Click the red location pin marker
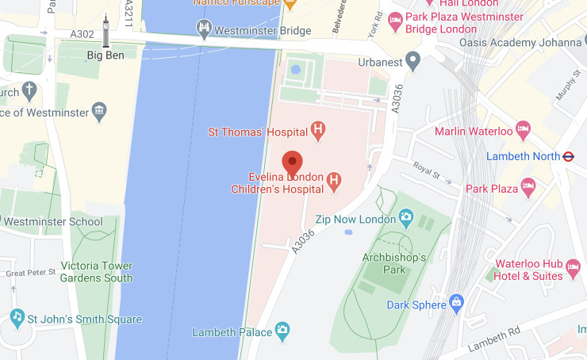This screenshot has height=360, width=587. tap(293, 163)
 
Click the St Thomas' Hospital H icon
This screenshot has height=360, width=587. tap(318, 131)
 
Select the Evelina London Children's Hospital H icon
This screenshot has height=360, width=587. tap(334, 182)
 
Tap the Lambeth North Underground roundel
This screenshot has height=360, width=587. tap(568, 156)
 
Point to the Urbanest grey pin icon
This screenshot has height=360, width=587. tap(412, 59)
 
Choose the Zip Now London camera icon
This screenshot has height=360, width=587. tap(406, 216)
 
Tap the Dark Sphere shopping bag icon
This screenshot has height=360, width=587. tap(456, 302)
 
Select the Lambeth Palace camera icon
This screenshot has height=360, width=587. tap(282, 330)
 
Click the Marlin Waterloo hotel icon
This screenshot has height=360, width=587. tap(523, 128)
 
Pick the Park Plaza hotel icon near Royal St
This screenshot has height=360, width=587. tap(528, 188)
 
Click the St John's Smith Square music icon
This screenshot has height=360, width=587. tap(17, 317)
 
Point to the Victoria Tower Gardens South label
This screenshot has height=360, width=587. tap(97, 272)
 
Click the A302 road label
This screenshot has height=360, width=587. tap(82, 34)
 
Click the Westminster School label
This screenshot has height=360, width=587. tap(53, 222)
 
